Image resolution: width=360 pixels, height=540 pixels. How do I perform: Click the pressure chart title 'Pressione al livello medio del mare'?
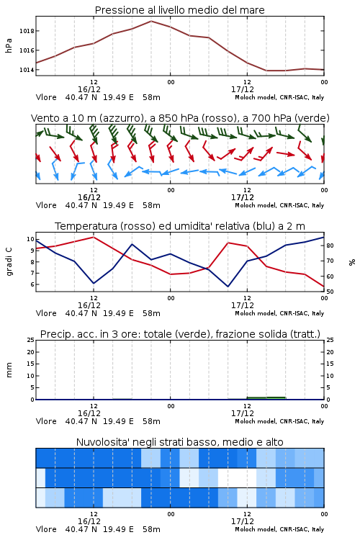click(x=179, y=10)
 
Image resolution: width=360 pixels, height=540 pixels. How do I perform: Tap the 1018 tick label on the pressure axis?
click(x=27, y=31)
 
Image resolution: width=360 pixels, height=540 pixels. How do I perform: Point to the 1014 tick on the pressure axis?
click(x=27, y=70)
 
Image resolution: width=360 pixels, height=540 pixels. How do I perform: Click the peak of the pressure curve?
click(x=151, y=21)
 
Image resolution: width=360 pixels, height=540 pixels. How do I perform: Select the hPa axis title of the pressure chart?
click(x=9, y=45)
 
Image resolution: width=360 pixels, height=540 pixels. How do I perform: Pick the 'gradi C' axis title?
click(x=9, y=262)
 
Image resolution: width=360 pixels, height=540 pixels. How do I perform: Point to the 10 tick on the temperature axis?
click(x=30, y=239)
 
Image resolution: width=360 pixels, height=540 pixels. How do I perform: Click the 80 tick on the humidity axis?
click(x=330, y=246)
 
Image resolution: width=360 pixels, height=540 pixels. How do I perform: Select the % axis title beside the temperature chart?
click(x=352, y=262)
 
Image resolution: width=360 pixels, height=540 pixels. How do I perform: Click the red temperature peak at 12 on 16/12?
click(x=94, y=237)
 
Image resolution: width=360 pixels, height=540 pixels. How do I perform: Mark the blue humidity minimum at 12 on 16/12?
click(x=94, y=284)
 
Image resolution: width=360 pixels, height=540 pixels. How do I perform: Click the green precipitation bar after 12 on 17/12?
click(x=266, y=398)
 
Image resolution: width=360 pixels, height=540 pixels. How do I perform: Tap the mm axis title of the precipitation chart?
click(x=9, y=370)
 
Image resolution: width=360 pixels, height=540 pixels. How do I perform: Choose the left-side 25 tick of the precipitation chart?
click(x=30, y=340)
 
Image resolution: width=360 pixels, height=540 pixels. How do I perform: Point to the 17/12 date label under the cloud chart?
click(x=243, y=521)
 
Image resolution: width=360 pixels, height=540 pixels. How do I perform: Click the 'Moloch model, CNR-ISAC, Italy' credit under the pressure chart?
click(x=279, y=97)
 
